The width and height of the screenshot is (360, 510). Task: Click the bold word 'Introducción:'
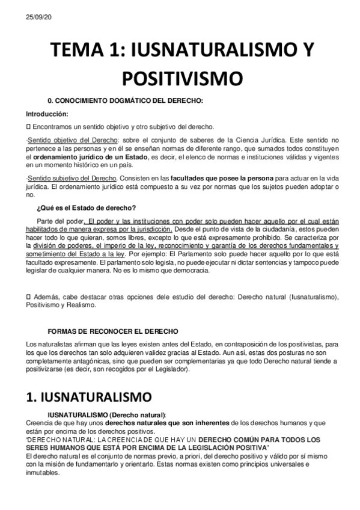(x=47, y=114)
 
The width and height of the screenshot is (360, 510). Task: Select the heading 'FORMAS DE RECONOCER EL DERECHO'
(x=112, y=331)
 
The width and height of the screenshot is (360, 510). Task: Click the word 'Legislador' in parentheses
(x=171, y=369)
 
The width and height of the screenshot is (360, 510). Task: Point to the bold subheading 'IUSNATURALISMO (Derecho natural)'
(x=106, y=414)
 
